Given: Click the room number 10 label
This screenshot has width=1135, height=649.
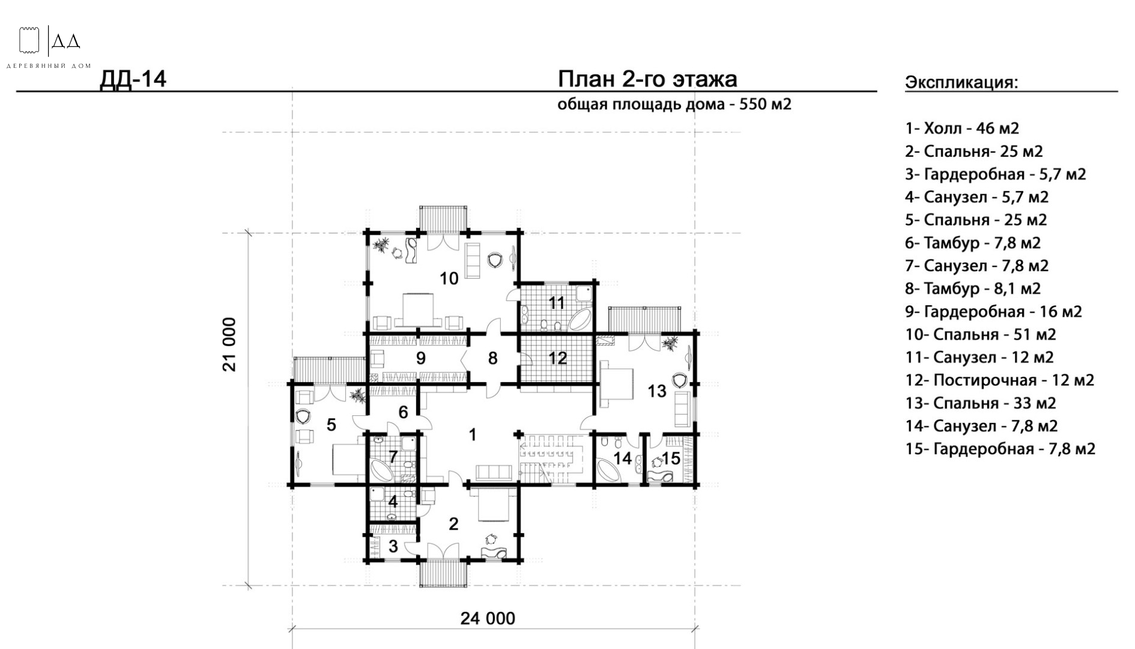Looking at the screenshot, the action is (449, 278).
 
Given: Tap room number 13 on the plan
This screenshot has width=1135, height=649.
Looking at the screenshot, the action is (657, 391).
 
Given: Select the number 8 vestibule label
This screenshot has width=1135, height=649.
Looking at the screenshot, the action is (493, 358).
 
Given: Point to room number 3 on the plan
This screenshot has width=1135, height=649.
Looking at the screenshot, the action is (393, 547).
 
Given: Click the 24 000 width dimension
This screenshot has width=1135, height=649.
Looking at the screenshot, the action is (488, 618).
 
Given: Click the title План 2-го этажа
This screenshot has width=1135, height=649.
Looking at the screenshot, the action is (647, 79).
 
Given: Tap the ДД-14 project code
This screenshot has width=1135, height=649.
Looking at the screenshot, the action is (133, 79).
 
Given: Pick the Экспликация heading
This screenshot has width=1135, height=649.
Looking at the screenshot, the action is (961, 83).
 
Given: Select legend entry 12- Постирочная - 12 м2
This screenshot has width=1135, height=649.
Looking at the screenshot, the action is (1000, 380).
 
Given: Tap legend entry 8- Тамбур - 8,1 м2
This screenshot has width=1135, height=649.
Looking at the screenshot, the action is (973, 288).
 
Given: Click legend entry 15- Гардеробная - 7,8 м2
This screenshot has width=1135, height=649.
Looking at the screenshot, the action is (1000, 449).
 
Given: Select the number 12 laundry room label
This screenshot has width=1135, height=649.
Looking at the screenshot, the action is (558, 358).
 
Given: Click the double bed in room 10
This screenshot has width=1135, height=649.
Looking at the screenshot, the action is (418, 309).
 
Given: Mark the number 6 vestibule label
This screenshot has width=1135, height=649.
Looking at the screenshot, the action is (404, 412).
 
